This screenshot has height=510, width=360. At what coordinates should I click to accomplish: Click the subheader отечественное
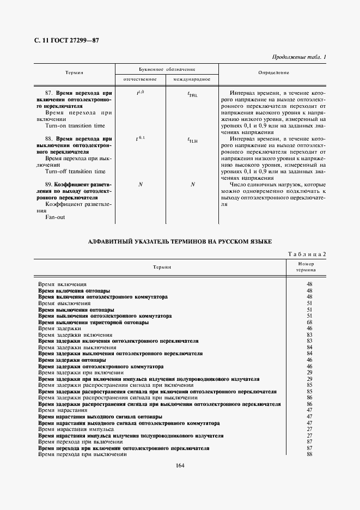[141, 80]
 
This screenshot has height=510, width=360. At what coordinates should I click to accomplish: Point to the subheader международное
[192, 80]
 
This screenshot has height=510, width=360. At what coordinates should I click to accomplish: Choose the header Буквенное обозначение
[167, 70]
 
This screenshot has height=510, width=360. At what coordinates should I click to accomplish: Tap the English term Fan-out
[56, 217]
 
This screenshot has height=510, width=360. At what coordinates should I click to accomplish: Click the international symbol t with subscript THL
[192, 94]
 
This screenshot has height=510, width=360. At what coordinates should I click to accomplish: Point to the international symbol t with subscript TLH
[192, 140]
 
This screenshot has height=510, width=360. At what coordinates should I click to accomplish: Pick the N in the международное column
[192, 185]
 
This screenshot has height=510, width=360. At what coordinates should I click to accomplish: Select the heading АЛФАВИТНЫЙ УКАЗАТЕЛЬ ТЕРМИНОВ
[179, 241]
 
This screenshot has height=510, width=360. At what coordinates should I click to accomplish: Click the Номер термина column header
[306, 267]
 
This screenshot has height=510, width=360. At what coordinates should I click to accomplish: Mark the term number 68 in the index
[309, 323]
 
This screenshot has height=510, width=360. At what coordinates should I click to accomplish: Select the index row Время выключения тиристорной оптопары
[93, 323]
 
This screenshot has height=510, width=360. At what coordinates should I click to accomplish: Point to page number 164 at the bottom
[180, 465]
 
